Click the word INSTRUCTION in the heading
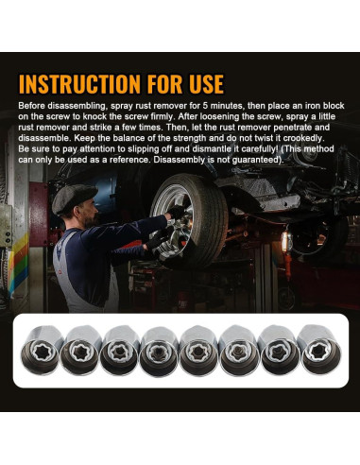coord(79,84)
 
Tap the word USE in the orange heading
coord(206,84)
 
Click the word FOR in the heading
coord(164,84)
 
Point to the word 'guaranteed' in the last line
coord(256,160)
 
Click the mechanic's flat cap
coord(75,198)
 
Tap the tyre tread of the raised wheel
coord(209,217)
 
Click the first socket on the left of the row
coord(42,350)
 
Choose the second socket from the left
coord(80,351)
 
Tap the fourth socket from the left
coord(160,351)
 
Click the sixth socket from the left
coord(240,351)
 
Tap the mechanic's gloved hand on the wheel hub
coord(177,212)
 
